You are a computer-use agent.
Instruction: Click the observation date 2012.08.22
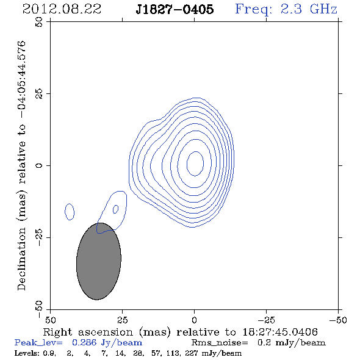62,9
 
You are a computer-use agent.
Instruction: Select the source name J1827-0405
175,10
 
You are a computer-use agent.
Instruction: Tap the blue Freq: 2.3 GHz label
286,10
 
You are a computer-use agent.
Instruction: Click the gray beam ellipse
99,261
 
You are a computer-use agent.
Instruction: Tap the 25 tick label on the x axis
122,320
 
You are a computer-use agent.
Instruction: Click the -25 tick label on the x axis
266,320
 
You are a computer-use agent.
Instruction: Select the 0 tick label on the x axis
194,320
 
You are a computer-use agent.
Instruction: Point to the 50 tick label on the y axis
39,22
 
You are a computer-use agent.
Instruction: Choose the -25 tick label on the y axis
39,237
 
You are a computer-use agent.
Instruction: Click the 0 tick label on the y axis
39,165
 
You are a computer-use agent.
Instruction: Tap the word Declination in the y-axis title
21,259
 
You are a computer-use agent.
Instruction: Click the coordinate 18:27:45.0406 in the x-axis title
280,332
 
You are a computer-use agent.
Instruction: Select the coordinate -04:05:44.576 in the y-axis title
21,79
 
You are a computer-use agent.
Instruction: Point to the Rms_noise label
220,343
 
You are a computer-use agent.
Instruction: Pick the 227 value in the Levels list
191,353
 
